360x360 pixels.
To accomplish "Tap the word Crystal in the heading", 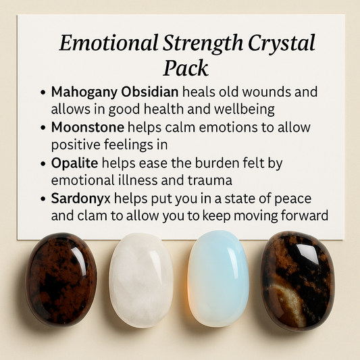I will (282, 44).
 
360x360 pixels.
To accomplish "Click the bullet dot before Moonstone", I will (43, 128).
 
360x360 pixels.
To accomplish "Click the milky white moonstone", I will (141, 280).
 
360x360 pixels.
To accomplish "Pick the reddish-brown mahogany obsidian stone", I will (61, 278).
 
